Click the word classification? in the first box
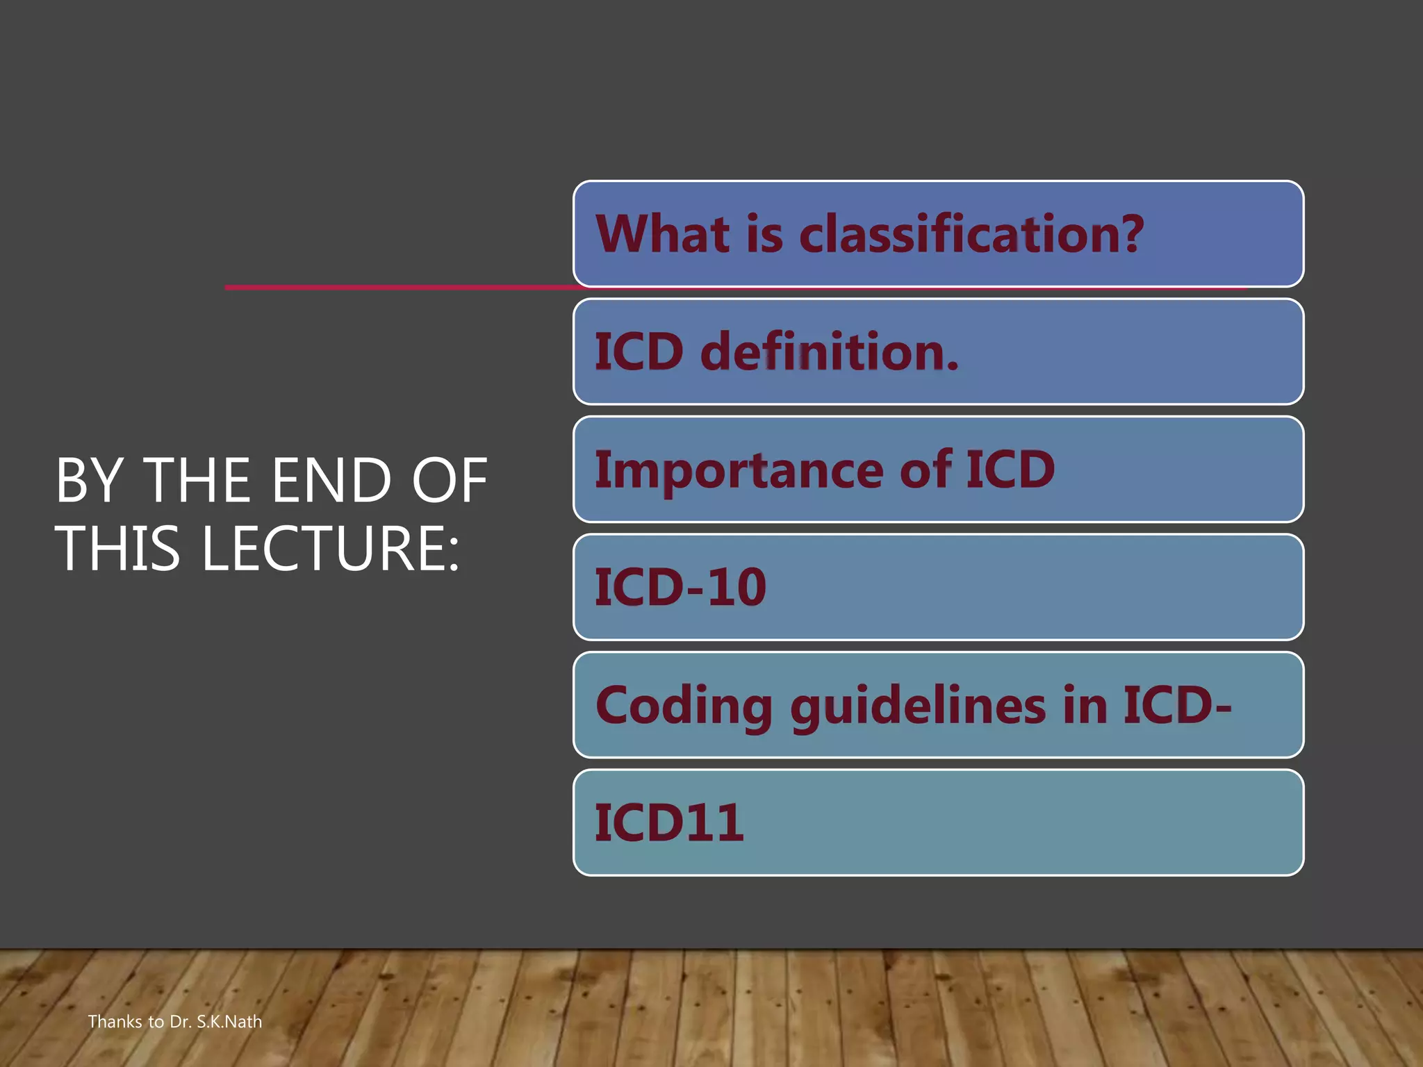coord(971,234)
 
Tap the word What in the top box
coord(663,234)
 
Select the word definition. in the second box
coord(830,352)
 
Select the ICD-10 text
coord(680,588)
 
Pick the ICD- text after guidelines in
coord(1177,706)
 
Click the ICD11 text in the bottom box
coord(669,823)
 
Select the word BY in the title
coord(90,481)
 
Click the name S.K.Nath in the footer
coord(229,1022)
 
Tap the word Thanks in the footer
coord(115,1022)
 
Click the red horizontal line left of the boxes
coord(396,287)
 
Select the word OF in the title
coord(450,481)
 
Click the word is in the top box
coord(765,234)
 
